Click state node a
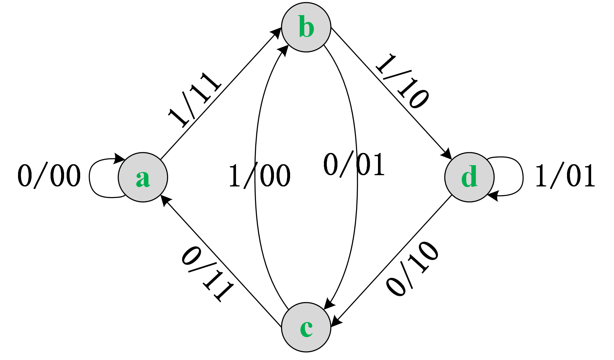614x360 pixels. coord(143,177)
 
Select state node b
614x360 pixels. coord(306,27)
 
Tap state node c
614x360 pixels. coord(306,327)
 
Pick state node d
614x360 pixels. coord(469,177)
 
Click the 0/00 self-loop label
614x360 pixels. coord(49,175)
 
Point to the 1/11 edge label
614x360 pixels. coord(194,99)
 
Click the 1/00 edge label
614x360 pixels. coord(260,176)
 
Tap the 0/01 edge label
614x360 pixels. coord(354,165)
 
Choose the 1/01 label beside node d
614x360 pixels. coord(565,175)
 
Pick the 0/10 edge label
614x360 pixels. coord(412,268)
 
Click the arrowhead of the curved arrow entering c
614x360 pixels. coord(329,304)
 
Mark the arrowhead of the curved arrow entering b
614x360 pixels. coord(283,51)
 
